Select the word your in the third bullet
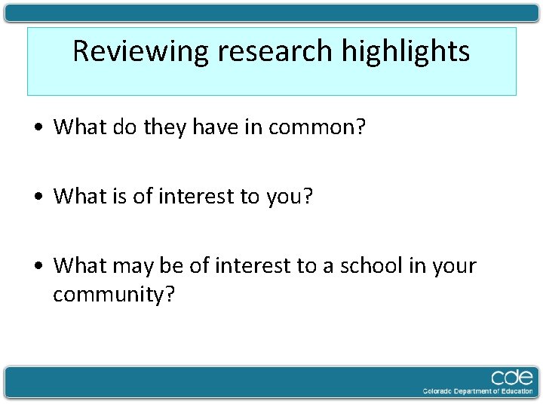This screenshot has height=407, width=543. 455,266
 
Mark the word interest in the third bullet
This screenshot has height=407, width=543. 253,265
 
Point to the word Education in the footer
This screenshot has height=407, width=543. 514,391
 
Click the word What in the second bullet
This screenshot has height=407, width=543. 80,196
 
